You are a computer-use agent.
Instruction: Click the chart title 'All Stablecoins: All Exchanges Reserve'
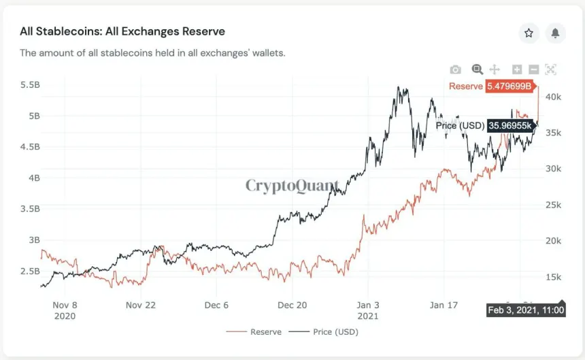click(122, 31)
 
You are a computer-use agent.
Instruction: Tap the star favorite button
click(529, 33)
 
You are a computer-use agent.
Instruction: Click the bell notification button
click(555, 33)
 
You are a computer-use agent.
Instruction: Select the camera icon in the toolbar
click(456, 69)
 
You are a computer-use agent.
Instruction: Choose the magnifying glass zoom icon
click(477, 69)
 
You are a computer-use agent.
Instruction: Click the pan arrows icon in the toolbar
click(495, 69)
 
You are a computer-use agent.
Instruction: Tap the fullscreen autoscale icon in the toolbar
click(550, 69)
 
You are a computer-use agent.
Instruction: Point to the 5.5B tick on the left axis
click(30, 85)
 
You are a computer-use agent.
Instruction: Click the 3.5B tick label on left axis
click(30, 209)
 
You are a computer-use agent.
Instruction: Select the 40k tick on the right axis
click(554, 97)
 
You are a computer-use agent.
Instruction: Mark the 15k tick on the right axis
click(554, 277)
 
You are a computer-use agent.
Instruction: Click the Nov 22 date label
click(140, 306)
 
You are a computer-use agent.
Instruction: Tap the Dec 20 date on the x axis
click(292, 306)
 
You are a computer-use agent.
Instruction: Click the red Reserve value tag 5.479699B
click(509, 86)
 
